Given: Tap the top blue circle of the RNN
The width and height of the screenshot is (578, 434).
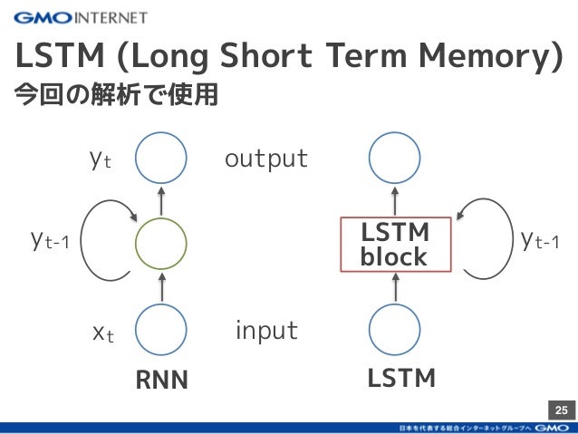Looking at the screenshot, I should click(x=160, y=159).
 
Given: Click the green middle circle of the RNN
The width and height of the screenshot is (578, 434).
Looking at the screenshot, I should click(x=160, y=243).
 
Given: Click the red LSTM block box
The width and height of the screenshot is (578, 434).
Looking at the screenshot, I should click(x=394, y=244).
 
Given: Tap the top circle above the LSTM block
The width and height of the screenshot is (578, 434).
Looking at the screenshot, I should click(x=396, y=159).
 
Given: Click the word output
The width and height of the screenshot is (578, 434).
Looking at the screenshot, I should click(x=266, y=159).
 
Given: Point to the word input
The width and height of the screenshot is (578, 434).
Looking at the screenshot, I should click(x=266, y=331).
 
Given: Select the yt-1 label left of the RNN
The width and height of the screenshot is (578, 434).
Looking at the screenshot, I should click(x=50, y=242).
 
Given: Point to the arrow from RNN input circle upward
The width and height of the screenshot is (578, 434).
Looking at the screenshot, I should click(x=160, y=287).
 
